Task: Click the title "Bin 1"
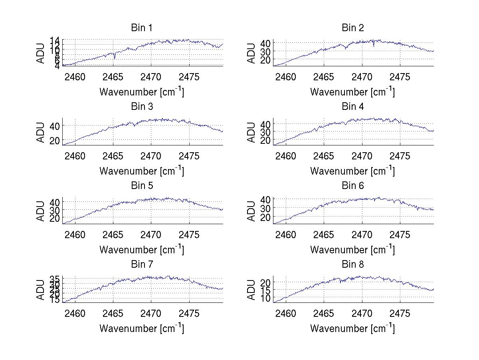coord(142,28)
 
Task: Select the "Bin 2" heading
coord(352,28)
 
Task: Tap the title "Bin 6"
coord(352,186)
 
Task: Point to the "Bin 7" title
coord(142,265)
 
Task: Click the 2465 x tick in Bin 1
coord(113,77)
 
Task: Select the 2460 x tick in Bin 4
coord(286,155)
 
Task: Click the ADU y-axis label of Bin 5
coord(41,211)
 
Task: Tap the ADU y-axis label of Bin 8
coord(251,290)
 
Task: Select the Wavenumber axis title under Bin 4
coord(352,171)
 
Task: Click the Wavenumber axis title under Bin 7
coord(142,328)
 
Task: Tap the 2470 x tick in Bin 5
coord(151,235)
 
